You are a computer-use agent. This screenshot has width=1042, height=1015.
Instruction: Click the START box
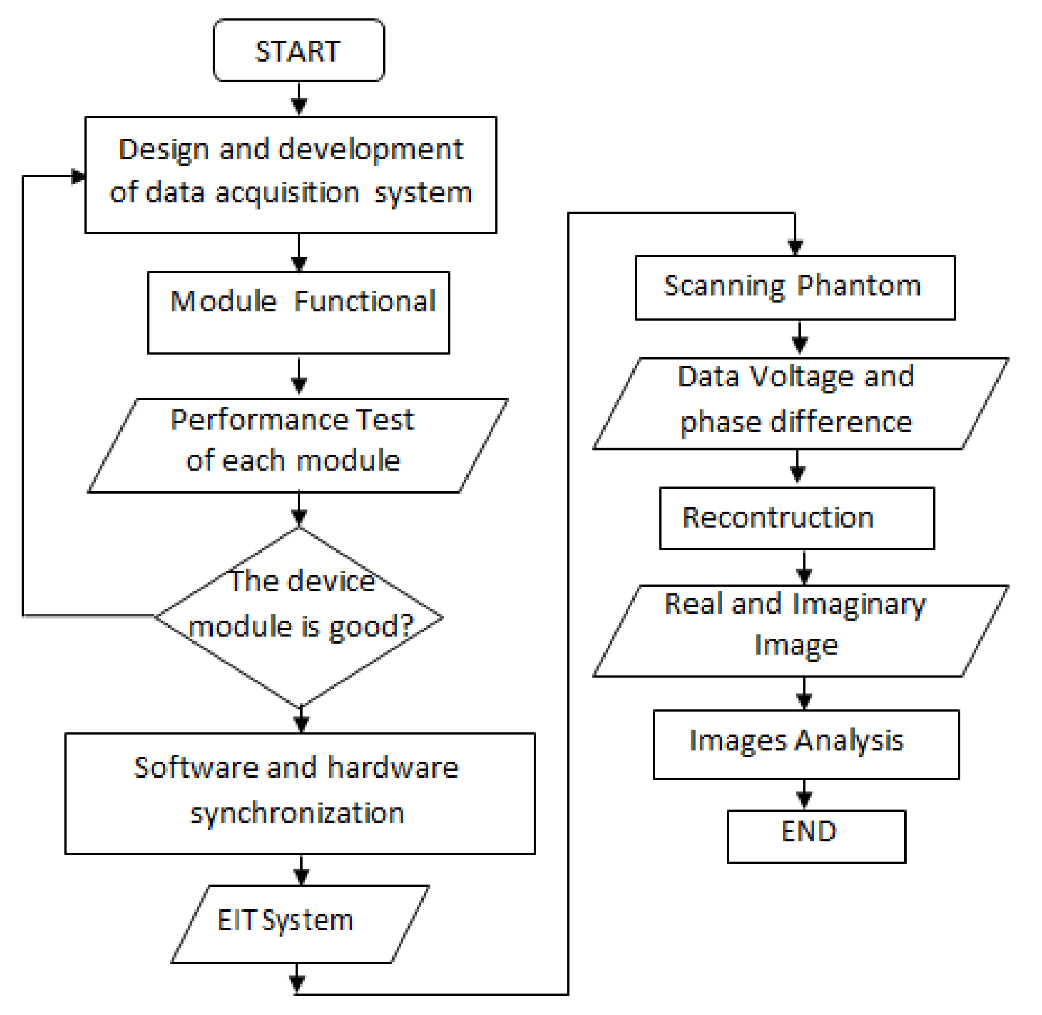(x=298, y=51)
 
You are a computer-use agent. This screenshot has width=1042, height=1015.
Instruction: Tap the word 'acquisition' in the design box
(x=288, y=193)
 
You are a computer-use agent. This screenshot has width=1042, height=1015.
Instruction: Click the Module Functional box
(x=298, y=312)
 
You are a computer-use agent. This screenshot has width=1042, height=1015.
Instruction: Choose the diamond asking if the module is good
(x=299, y=617)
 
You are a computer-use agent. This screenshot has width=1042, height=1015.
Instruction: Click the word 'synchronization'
(x=297, y=813)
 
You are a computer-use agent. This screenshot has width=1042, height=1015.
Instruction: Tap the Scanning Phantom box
(x=794, y=287)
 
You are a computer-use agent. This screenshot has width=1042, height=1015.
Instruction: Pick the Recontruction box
(x=797, y=518)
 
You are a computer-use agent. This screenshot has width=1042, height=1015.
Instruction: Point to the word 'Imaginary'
(x=858, y=605)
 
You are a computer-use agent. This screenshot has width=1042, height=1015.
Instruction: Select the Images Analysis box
(x=805, y=744)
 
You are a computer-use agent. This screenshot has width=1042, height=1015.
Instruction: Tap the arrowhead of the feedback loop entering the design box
(x=79, y=176)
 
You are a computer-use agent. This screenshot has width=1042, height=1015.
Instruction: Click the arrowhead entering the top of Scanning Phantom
(x=795, y=247)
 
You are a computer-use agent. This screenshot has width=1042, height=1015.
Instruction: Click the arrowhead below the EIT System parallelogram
(x=297, y=982)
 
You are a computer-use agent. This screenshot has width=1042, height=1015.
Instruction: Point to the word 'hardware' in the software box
(x=393, y=768)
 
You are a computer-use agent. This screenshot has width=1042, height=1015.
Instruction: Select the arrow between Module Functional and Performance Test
(x=299, y=377)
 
